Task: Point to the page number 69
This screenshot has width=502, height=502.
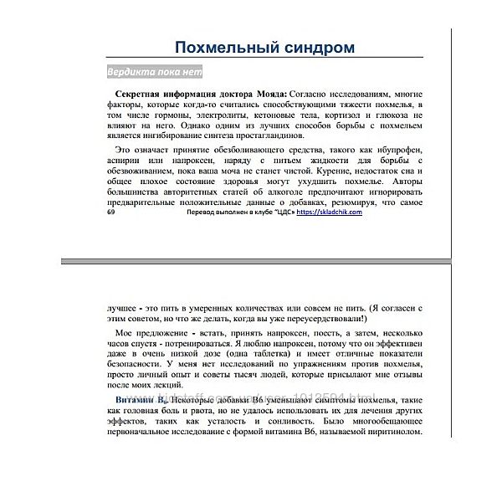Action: pos(113,213)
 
